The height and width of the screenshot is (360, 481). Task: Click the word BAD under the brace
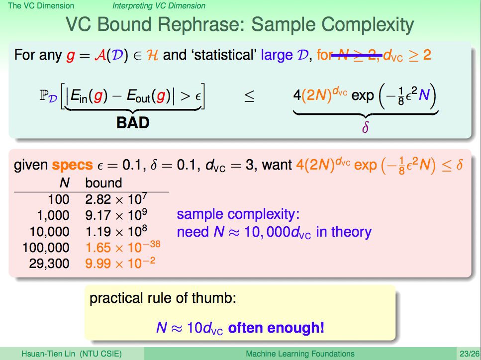133,123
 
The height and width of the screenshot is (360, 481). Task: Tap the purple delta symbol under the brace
365,127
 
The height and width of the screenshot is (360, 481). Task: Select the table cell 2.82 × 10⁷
116,199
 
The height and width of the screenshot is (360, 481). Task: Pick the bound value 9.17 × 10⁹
116,215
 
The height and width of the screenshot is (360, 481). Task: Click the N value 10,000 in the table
49,232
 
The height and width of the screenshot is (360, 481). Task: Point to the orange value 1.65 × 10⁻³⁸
123,247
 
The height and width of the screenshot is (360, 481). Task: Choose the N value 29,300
49,264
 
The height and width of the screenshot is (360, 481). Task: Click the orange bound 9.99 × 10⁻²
120,263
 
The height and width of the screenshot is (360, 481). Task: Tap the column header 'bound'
103,183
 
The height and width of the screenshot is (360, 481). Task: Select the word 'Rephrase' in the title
199,25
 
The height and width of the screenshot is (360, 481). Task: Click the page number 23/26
469,354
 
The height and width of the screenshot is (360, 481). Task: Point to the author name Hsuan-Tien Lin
48,354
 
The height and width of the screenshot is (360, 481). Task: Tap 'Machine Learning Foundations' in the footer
300,354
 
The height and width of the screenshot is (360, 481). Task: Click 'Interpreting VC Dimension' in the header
159,6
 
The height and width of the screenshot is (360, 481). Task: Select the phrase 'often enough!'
276,328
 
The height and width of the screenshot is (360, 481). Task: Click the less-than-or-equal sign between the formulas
249,96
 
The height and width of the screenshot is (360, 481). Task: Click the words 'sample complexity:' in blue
238,214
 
